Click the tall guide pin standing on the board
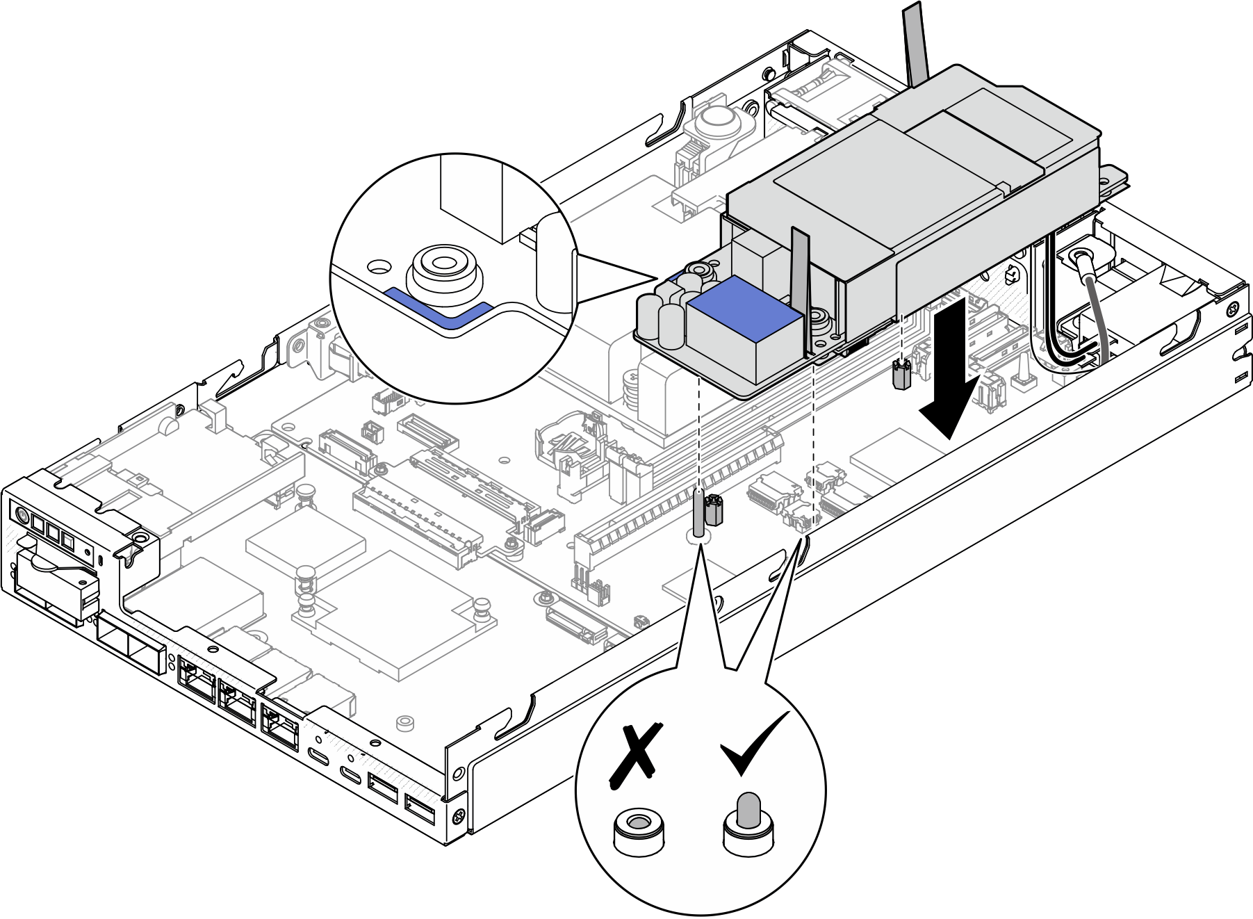coord(698,515)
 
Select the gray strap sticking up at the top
coord(915,42)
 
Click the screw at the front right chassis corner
coord(459,814)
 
